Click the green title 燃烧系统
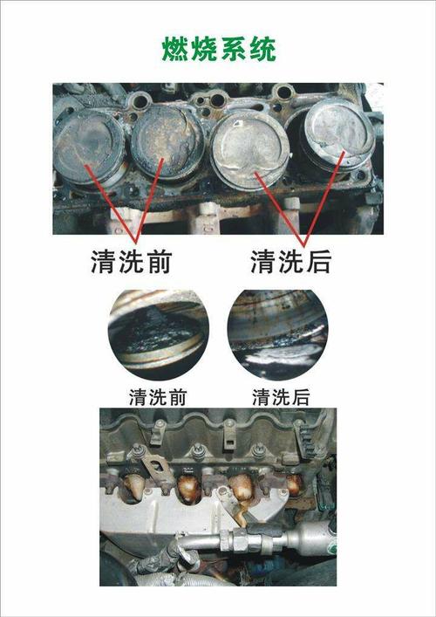point(219,50)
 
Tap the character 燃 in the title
point(176,50)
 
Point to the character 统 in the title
point(262,50)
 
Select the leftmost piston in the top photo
point(89,147)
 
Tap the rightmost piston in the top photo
point(339,134)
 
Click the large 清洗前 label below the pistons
point(132,261)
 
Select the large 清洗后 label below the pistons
point(291,261)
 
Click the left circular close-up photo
point(159,335)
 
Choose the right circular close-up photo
point(278,335)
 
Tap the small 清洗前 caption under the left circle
point(158,397)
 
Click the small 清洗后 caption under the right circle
point(281,397)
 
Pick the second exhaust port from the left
point(187,489)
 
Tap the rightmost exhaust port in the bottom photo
point(295,485)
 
